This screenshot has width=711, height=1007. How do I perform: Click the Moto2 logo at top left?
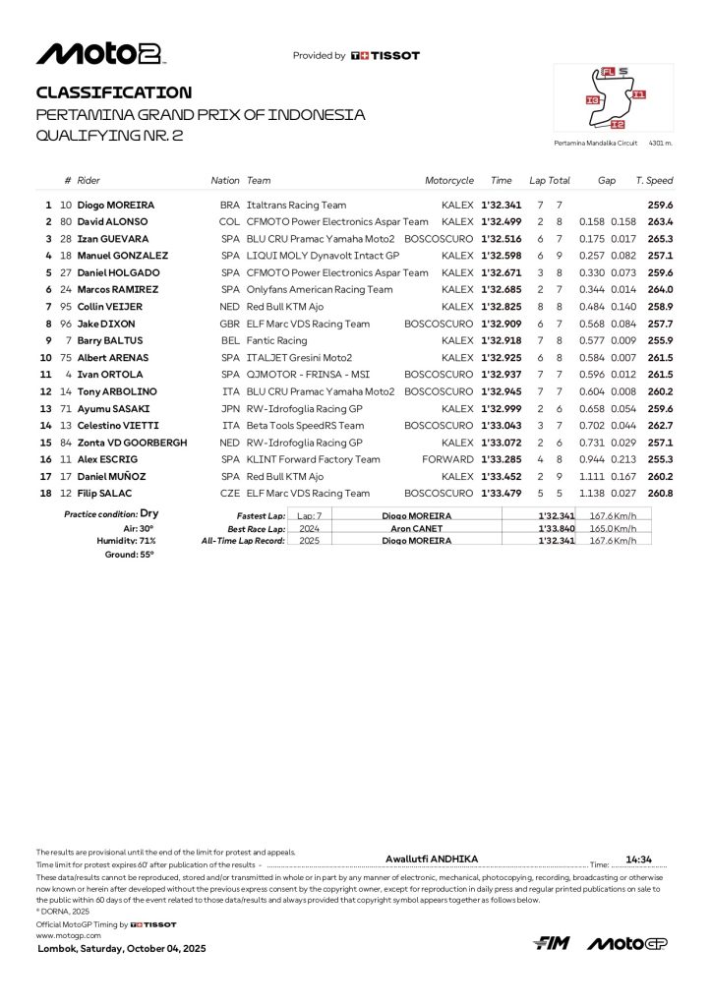click(x=99, y=54)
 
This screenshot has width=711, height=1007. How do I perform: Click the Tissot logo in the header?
click(x=385, y=56)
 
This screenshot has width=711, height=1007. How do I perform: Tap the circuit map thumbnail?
click(x=614, y=98)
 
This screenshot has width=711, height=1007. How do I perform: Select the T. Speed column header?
click(x=654, y=181)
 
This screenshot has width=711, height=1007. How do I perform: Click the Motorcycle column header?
click(x=448, y=181)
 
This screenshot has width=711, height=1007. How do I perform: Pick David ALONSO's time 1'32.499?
click(x=499, y=222)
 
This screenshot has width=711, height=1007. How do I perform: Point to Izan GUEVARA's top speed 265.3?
click(x=660, y=239)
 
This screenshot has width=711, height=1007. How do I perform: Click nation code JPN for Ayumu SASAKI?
click(x=230, y=408)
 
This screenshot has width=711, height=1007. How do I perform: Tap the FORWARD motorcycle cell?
click(x=449, y=459)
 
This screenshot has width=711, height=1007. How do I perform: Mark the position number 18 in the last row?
click(x=45, y=493)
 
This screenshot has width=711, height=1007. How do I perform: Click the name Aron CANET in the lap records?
click(x=416, y=528)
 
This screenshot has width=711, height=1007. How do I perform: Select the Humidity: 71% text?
click(x=126, y=541)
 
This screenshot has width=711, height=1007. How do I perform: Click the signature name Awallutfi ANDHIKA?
click(x=432, y=859)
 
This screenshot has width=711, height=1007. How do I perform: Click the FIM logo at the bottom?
click(x=552, y=944)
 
